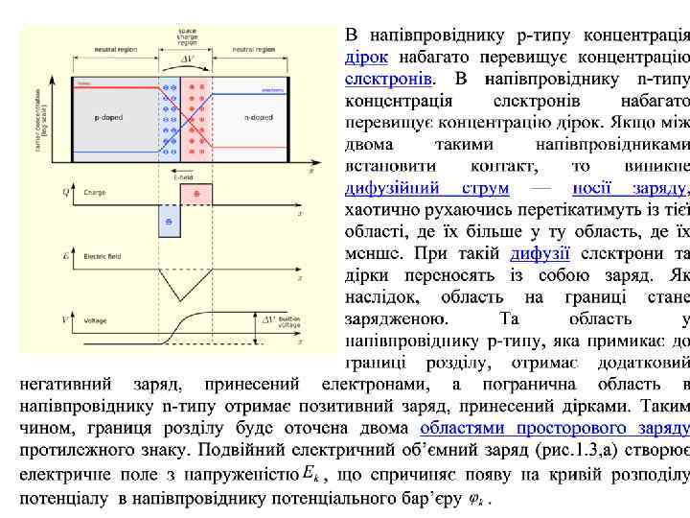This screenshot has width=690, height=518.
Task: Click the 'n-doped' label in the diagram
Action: point(255,117)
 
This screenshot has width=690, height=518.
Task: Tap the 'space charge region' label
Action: point(188,36)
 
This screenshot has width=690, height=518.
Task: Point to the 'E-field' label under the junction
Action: point(182,177)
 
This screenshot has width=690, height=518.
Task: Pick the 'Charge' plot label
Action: point(95,193)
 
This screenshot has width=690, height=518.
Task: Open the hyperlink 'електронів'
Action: point(389,77)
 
